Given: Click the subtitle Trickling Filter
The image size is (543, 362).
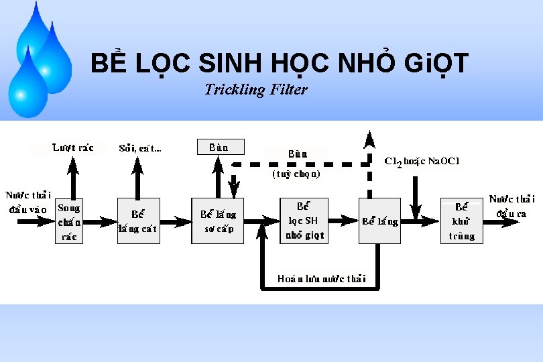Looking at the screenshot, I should [256, 89].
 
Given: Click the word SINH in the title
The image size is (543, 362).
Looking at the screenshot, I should [231, 64].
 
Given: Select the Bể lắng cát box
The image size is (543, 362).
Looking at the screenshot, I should [138, 221].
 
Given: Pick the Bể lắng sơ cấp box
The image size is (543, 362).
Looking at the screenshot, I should [218, 221].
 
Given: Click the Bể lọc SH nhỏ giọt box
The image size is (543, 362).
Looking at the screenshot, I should [304, 221].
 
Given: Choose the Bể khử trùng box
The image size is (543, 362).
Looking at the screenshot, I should [461, 221].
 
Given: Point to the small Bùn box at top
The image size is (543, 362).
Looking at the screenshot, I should [219, 147].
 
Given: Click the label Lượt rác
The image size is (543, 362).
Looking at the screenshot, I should [73, 147].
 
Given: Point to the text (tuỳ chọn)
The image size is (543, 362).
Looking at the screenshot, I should [296, 174].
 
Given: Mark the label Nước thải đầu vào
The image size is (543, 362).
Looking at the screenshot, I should [28, 202].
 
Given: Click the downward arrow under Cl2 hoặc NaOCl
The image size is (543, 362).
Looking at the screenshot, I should [416, 198].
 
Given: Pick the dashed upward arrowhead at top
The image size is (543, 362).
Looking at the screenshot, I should [369, 139].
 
